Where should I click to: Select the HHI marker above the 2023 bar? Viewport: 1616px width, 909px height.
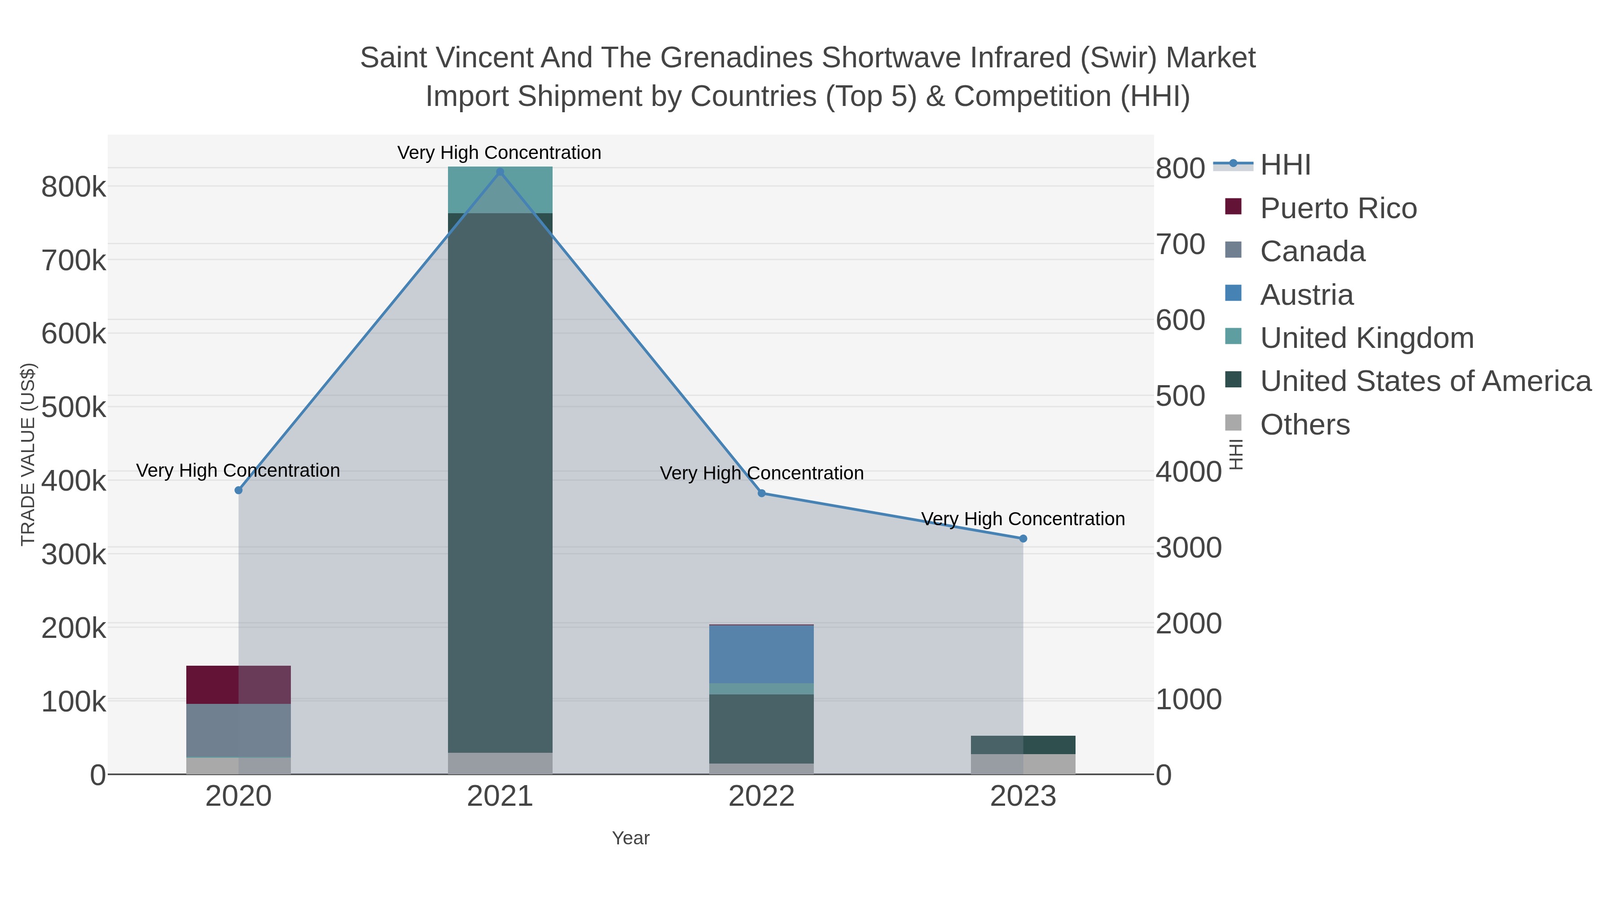click(1023, 538)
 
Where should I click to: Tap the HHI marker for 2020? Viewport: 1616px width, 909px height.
click(238, 490)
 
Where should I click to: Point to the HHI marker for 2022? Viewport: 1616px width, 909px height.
click(762, 493)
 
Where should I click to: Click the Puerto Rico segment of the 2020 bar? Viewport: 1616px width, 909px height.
click(238, 685)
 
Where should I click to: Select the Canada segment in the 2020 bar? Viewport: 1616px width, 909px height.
click(238, 730)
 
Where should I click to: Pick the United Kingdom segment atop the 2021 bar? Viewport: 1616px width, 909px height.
click(500, 189)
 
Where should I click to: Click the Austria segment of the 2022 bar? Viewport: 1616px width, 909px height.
click(762, 654)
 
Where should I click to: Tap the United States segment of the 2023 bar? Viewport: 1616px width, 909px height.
click(1023, 745)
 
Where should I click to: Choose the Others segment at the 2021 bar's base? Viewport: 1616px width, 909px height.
click(500, 763)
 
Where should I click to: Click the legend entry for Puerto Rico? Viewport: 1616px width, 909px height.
click(1338, 208)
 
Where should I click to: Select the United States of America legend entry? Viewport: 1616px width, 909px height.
click(1425, 381)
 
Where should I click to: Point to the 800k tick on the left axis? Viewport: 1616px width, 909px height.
click(74, 187)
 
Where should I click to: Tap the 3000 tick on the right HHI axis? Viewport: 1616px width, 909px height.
click(1188, 548)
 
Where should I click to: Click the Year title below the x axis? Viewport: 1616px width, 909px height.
click(631, 838)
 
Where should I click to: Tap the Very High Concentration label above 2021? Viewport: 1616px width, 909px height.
click(499, 153)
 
